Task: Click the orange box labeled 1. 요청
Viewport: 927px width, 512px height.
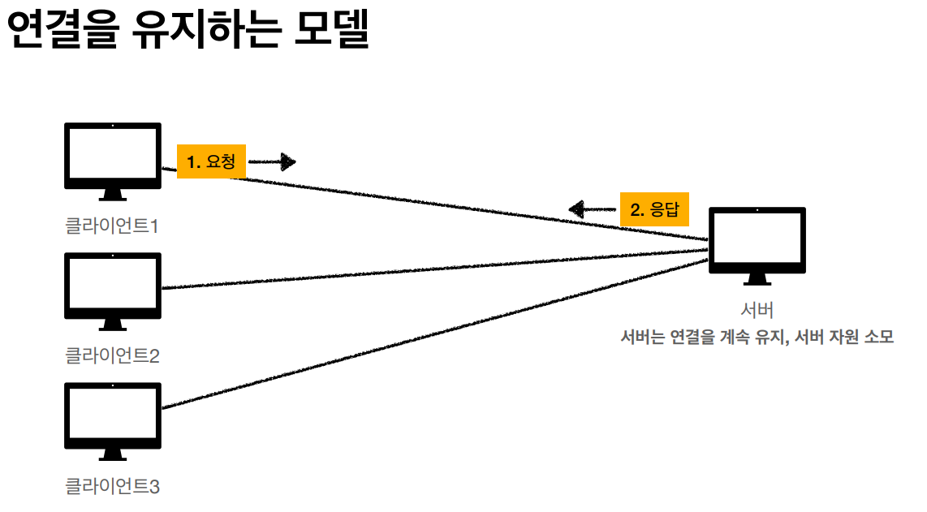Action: [211, 162]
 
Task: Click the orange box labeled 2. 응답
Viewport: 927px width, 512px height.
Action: [654, 210]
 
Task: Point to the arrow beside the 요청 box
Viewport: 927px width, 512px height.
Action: [272, 162]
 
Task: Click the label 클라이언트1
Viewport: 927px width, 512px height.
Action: [112, 226]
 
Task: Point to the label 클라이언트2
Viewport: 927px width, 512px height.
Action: [112, 355]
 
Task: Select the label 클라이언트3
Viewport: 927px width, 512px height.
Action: [112, 487]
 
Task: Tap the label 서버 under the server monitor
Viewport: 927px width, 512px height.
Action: [757, 310]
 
